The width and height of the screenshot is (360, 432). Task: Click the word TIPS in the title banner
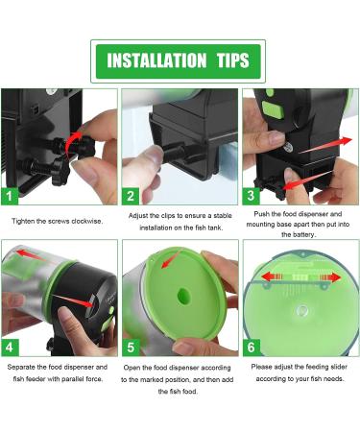pyautogui.click(x=230, y=61)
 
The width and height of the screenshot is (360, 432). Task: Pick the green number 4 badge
pyautogui.click(x=11, y=345)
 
